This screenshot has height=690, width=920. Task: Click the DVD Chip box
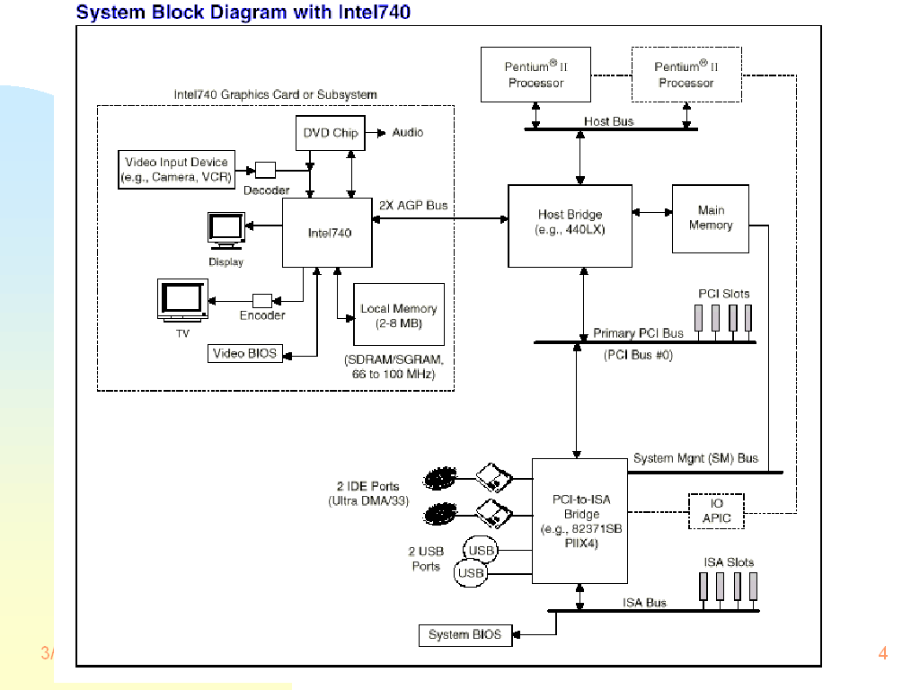tap(330, 133)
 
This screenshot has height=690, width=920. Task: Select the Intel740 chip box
tap(329, 233)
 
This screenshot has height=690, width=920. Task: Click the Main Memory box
tap(710, 218)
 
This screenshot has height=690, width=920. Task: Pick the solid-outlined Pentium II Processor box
tap(535, 75)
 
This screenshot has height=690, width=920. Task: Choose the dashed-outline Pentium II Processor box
tap(686, 75)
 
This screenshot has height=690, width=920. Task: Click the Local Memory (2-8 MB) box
tap(399, 315)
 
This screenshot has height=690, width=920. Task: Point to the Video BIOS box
tap(243, 354)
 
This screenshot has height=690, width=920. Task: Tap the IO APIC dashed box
tap(716, 511)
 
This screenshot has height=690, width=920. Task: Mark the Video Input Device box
tap(176, 170)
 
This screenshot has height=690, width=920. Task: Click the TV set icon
tap(182, 300)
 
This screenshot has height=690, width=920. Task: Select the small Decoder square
tap(265, 170)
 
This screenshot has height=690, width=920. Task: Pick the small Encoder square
tap(262, 300)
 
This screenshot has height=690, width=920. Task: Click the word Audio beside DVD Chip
tap(408, 133)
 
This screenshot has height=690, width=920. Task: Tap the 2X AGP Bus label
tap(413, 206)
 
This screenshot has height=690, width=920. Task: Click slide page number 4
tap(882, 653)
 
